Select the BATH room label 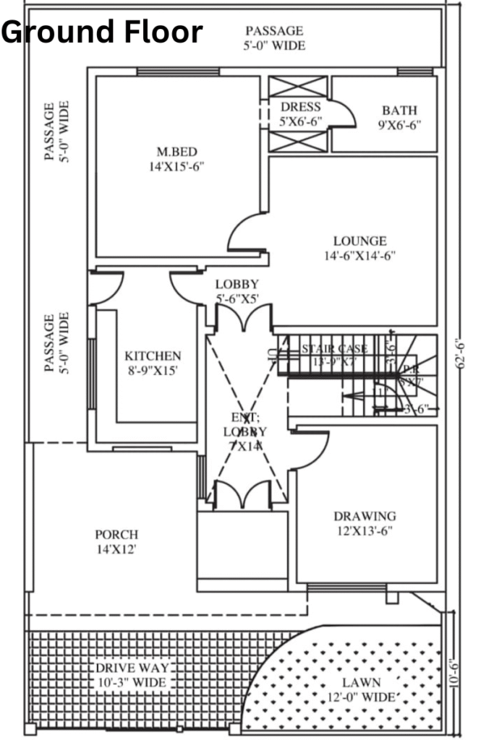click(399, 111)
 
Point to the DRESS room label click(300, 107)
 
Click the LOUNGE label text click(359, 241)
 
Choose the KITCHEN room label click(153, 356)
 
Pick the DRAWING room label click(365, 516)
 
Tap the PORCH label click(116, 535)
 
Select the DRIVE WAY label click(132, 667)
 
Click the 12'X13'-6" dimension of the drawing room click(365, 530)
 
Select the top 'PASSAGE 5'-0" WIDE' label click(274, 38)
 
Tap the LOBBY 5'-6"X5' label click(237, 291)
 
